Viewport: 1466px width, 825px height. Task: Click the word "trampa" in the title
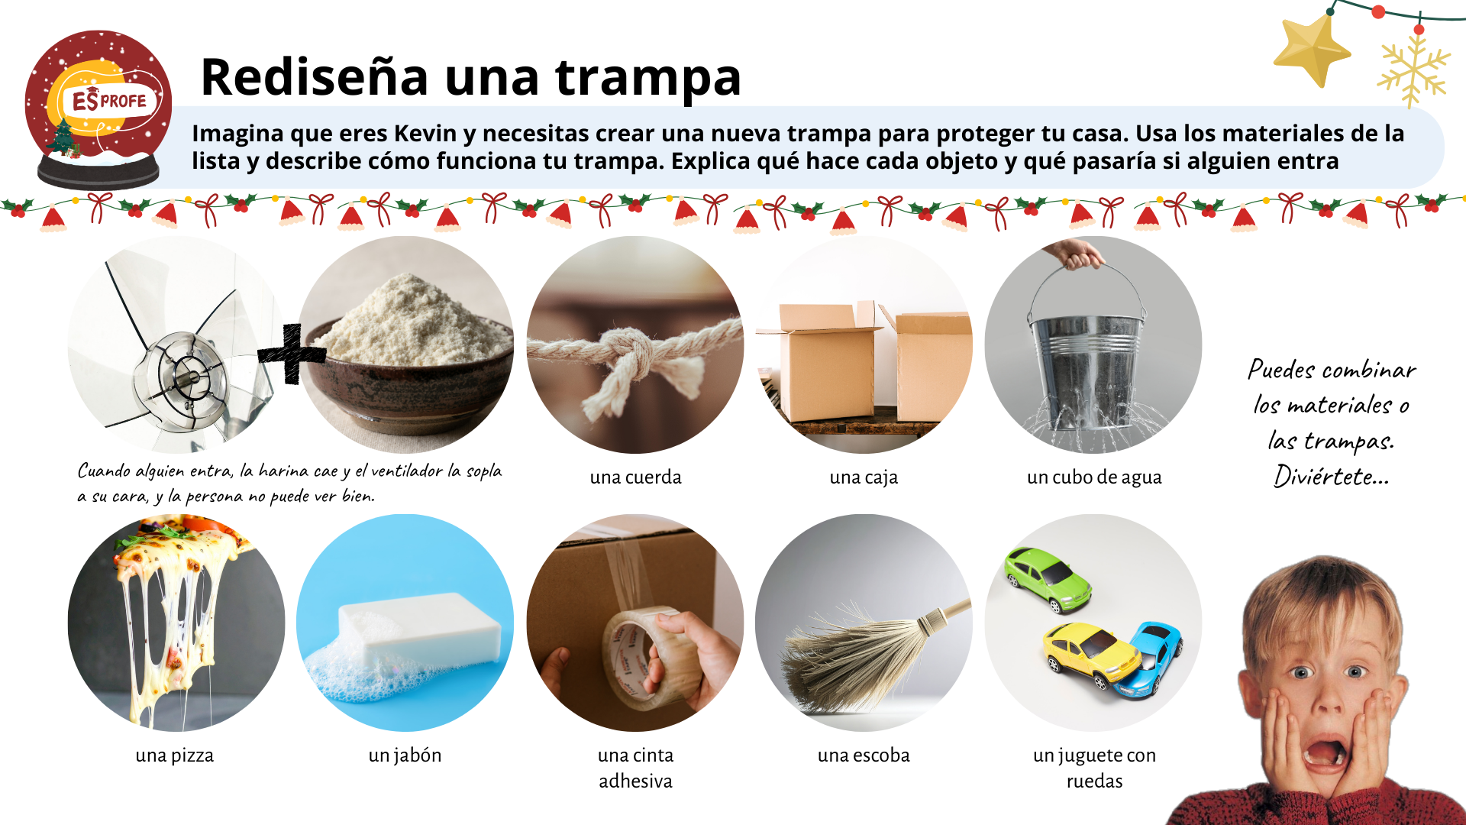pyautogui.click(x=648, y=77)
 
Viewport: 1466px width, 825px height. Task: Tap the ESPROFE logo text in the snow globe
pyautogui.click(x=109, y=100)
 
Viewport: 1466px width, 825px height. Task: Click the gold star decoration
pyautogui.click(x=1311, y=50)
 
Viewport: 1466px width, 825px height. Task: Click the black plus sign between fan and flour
pyautogui.click(x=291, y=354)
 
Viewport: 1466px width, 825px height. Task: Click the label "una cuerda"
pyautogui.click(x=635, y=477)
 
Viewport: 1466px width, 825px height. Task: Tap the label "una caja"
pyautogui.click(x=864, y=477)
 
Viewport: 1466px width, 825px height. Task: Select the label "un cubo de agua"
pyautogui.click(x=1094, y=477)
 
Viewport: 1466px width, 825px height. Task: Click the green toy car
pyautogui.click(x=1048, y=579)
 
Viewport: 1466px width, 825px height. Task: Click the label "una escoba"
pyautogui.click(x=864, y=755)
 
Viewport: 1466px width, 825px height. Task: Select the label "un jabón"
pyautogui.click(x=405, y=755)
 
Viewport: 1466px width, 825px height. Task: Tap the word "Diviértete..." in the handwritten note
pyautogui.click(x=1331, y=477)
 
